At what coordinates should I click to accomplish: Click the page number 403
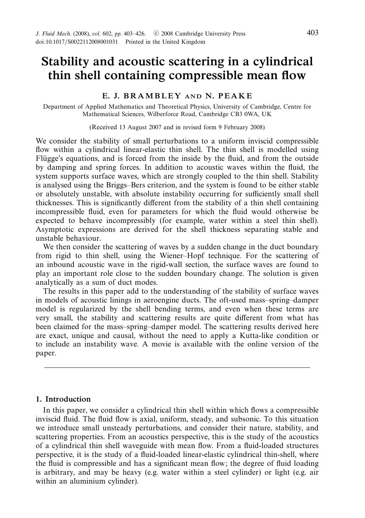pyautogui.click(x=312, y=33)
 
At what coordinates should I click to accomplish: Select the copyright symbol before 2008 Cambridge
pyautogui.click(x=156, y=34)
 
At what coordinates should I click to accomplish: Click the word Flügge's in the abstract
pyautogui.click(x=49, y=159)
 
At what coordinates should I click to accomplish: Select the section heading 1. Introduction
pyautogui.click(x=63, y=399)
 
